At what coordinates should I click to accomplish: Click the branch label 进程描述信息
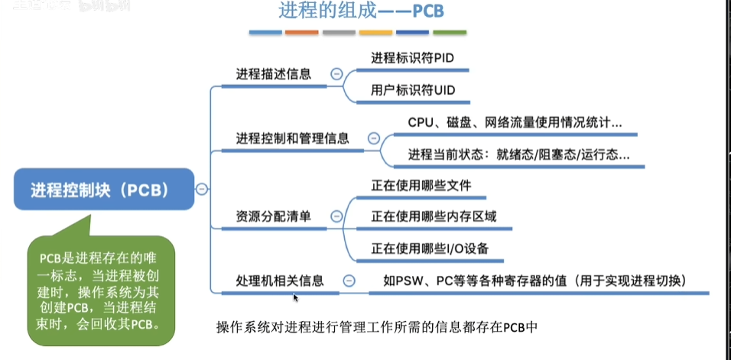[x=273, y=74]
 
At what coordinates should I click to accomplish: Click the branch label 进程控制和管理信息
[x=292, y=138]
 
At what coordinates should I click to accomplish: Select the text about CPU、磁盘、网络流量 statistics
[x=515, y=122]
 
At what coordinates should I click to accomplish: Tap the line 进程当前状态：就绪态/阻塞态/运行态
[x=519, y=154]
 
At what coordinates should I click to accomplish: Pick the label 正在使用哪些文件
[x=421, y=186]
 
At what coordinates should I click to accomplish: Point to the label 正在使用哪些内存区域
[x=434, y=217]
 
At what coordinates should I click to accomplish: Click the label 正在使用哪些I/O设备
[x=430, y=249]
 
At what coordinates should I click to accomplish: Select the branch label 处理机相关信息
[x=279, y=281]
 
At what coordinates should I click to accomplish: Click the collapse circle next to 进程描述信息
[x=336, y=74]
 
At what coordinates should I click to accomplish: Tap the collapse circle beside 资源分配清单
[x=336, y=216]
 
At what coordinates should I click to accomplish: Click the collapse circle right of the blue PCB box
[x=201, y=190]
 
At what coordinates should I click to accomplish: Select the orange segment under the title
[x=301, y=33]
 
